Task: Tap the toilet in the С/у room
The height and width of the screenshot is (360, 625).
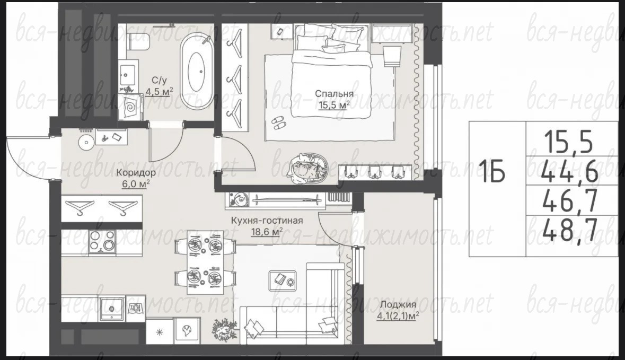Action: [138, 42]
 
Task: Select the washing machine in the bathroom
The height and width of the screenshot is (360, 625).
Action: [131, 107]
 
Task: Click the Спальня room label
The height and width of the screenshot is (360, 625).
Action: [334, 94]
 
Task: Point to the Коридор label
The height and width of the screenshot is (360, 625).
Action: [136, 173]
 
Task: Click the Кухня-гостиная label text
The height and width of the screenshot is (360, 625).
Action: [267, 221]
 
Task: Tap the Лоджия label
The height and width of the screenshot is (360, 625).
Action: [398, 304]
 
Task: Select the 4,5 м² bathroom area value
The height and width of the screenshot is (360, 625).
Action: [159, 91]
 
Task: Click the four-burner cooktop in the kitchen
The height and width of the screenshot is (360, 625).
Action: [102, 241]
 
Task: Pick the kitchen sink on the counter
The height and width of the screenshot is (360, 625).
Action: [112, 308]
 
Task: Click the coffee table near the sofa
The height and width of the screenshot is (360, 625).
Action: [283, 278]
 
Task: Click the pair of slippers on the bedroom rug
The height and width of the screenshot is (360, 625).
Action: [279, 123]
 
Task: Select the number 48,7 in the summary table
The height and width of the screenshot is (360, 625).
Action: [569, 230]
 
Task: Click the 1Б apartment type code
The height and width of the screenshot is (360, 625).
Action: [492, 171]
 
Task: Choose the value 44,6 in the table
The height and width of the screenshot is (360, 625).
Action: [569, 171]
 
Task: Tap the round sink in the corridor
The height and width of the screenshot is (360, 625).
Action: [86, 142]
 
